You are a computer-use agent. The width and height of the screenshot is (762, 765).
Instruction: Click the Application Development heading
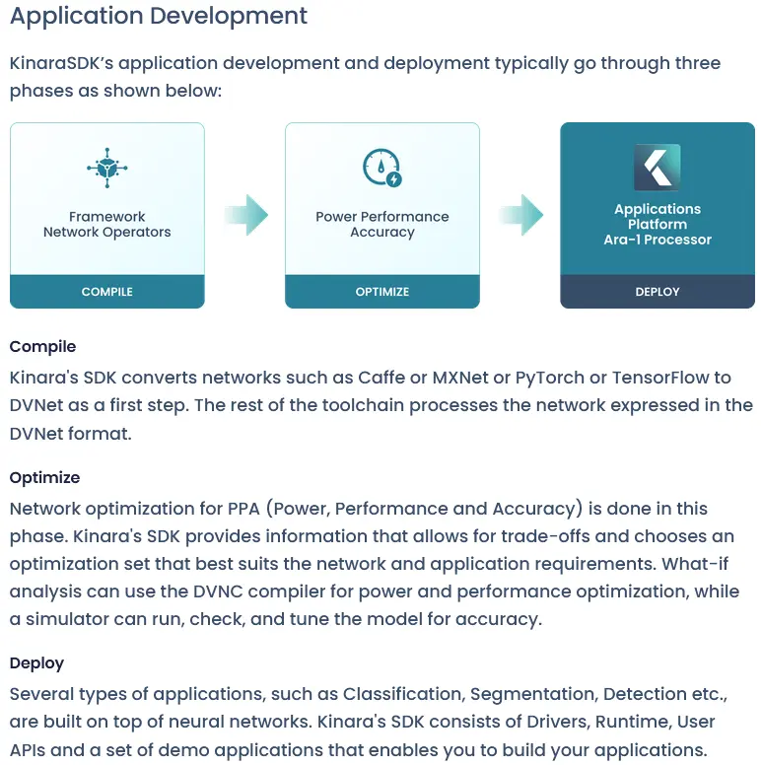159,17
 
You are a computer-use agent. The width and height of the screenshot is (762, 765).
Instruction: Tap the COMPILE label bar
106,292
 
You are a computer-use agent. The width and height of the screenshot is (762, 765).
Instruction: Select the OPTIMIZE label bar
381,292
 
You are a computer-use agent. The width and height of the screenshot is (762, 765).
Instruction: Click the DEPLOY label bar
657,292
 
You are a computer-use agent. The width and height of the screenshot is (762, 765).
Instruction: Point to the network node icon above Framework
106,167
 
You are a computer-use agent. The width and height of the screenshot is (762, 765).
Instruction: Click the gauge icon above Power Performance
381,167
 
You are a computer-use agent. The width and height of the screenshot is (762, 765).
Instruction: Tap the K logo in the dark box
657,167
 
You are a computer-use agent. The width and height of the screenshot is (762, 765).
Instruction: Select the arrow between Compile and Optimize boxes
244,215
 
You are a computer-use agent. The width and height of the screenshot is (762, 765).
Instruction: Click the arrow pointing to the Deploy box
520,215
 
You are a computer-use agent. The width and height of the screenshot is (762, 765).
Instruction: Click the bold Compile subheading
42,347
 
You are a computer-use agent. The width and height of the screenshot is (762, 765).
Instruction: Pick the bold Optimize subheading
44,478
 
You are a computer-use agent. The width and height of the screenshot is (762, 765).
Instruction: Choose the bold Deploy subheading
36,663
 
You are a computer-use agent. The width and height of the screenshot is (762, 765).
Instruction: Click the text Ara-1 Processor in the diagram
657,240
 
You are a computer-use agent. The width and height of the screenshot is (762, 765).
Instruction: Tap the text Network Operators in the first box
106,233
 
